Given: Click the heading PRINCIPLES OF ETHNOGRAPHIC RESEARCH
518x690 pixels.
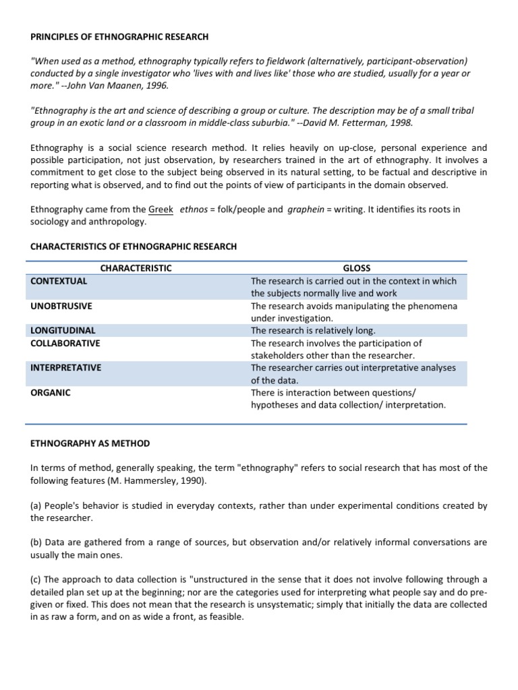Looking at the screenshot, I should click(x=119, y=36).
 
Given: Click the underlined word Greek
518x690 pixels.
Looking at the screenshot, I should click(x=161, y=210).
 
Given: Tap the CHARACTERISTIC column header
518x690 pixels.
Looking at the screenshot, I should click(x=136, y=268).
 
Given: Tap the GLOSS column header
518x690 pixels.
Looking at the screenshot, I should click(x=357, y=268).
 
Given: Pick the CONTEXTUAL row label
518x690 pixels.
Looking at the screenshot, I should click(x=59, y=281).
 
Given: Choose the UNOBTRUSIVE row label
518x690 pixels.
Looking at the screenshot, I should click(x=61, y=306).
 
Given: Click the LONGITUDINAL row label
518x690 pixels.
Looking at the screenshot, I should click(x=63, y=331).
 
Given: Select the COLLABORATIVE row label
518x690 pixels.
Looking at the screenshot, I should click(x=65, y=343).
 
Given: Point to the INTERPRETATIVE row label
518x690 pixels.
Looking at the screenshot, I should click(x=66, y=368).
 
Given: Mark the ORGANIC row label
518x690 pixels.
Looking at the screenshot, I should click(x=51, y=392).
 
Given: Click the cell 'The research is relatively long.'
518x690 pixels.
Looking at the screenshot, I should click(x=313, y=331).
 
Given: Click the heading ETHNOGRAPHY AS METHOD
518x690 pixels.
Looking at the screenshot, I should click(x=90, y=443).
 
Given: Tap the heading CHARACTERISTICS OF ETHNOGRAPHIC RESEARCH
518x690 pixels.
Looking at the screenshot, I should click(x=134, y=247).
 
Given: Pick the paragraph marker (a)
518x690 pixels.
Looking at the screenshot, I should click(x=36, y=505).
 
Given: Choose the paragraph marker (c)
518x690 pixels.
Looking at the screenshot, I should click(x=36, y=579).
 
